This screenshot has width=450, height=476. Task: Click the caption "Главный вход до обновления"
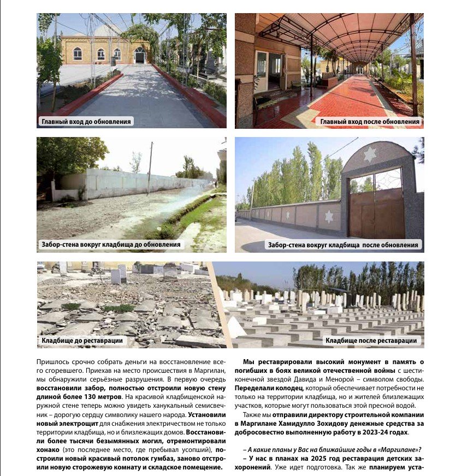pos(86,121)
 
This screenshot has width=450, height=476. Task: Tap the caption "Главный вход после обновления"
pos(370,122)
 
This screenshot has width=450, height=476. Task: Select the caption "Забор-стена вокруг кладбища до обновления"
pos(111,245)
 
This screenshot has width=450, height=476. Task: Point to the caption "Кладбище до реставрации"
pos(82,341)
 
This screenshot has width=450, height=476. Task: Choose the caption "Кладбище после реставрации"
pos(371,341)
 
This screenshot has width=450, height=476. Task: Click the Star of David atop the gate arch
pos(370,154)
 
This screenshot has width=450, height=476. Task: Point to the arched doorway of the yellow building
pos(140,55)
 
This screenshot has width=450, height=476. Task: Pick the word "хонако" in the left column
pos(49,449)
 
